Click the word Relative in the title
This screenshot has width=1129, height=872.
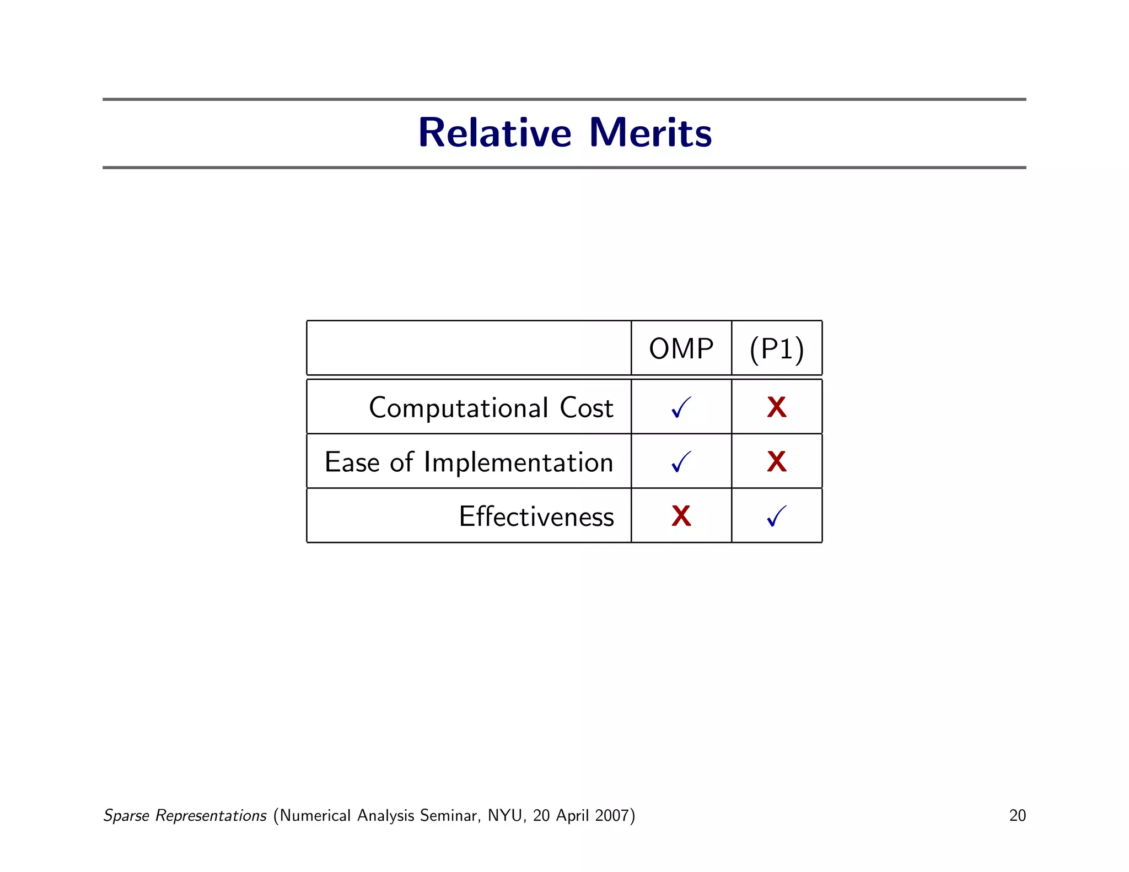[494, 133]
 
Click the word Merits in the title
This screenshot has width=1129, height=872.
[650, 133]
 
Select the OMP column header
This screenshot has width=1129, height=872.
[681, 349]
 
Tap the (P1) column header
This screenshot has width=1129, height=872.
[777, 349]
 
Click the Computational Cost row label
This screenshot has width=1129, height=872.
[491, 408]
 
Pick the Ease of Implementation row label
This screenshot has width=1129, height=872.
[469, 462]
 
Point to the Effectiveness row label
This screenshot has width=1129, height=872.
[536, 516]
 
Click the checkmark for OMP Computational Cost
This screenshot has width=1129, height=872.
[681, 408]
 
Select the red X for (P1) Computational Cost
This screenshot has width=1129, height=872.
[777, 408]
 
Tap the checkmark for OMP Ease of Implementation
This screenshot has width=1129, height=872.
[681, 462]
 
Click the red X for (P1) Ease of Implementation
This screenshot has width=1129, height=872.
[777, 462]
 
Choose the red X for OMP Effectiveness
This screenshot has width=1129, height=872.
[681, 516]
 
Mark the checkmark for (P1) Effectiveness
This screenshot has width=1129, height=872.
[777, 516]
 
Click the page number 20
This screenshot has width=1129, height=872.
[1017, 815]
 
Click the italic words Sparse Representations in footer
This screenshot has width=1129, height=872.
[185, 815]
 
